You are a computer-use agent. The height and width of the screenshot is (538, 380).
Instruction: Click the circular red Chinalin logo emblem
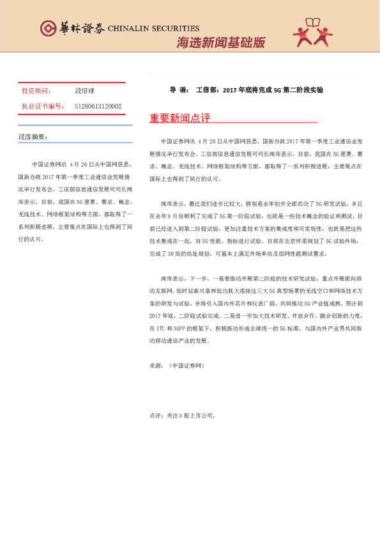pos(48,28)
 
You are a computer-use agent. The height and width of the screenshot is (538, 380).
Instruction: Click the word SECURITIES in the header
pos(174,29)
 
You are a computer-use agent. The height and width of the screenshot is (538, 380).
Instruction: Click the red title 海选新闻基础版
pos(220,43)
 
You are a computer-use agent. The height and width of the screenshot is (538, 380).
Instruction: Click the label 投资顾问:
pos(36,91)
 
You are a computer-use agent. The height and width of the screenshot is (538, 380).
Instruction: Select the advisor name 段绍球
pos(84,91)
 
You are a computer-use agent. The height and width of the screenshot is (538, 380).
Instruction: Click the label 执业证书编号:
pos(42,106)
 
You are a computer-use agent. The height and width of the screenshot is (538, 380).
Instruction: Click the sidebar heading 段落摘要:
pos(33,137)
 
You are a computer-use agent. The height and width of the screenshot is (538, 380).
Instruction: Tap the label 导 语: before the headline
pos(179,90)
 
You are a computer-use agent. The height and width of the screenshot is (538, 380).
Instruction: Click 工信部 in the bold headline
pos(207,90)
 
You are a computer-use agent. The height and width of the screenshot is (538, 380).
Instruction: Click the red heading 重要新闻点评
pos(179,118)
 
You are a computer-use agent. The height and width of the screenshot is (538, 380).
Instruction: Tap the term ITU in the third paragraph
pos(160,327)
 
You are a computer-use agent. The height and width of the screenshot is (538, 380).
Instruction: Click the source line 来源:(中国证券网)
pos(176,366)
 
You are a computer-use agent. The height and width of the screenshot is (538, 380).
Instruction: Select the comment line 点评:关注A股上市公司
pos(182,415)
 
